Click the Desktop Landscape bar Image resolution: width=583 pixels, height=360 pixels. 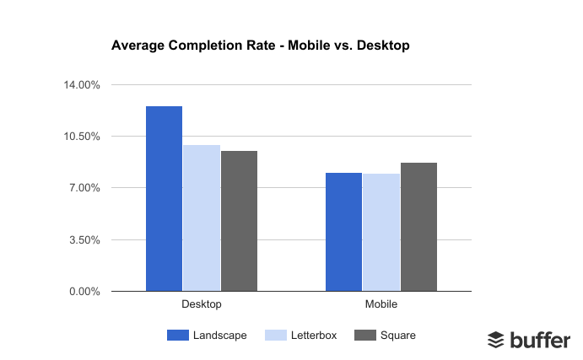pyautogui.click(x=164, y=199)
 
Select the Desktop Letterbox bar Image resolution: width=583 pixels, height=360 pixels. pyautogui.click(x=202, y=218)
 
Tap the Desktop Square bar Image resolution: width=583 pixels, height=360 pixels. pyautogui.click(x=239, y=221)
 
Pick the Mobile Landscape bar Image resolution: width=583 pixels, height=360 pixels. pyautogui.click(x=343, y=232)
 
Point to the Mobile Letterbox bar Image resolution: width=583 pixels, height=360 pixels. pyautogui.click(x=381, y=233)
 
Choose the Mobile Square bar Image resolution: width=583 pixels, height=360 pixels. pyautogui.click(x=418, y=227)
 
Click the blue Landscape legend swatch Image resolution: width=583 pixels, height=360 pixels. pyautogui.click(x=178, y=336)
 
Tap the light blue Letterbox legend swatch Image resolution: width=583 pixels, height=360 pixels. pyautogui.click(x=278, y=336)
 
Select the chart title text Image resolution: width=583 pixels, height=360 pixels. pyautogui.click(x=260, y=46)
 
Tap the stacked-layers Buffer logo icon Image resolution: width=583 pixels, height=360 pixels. pyautogui.click(x=496, y=340)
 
